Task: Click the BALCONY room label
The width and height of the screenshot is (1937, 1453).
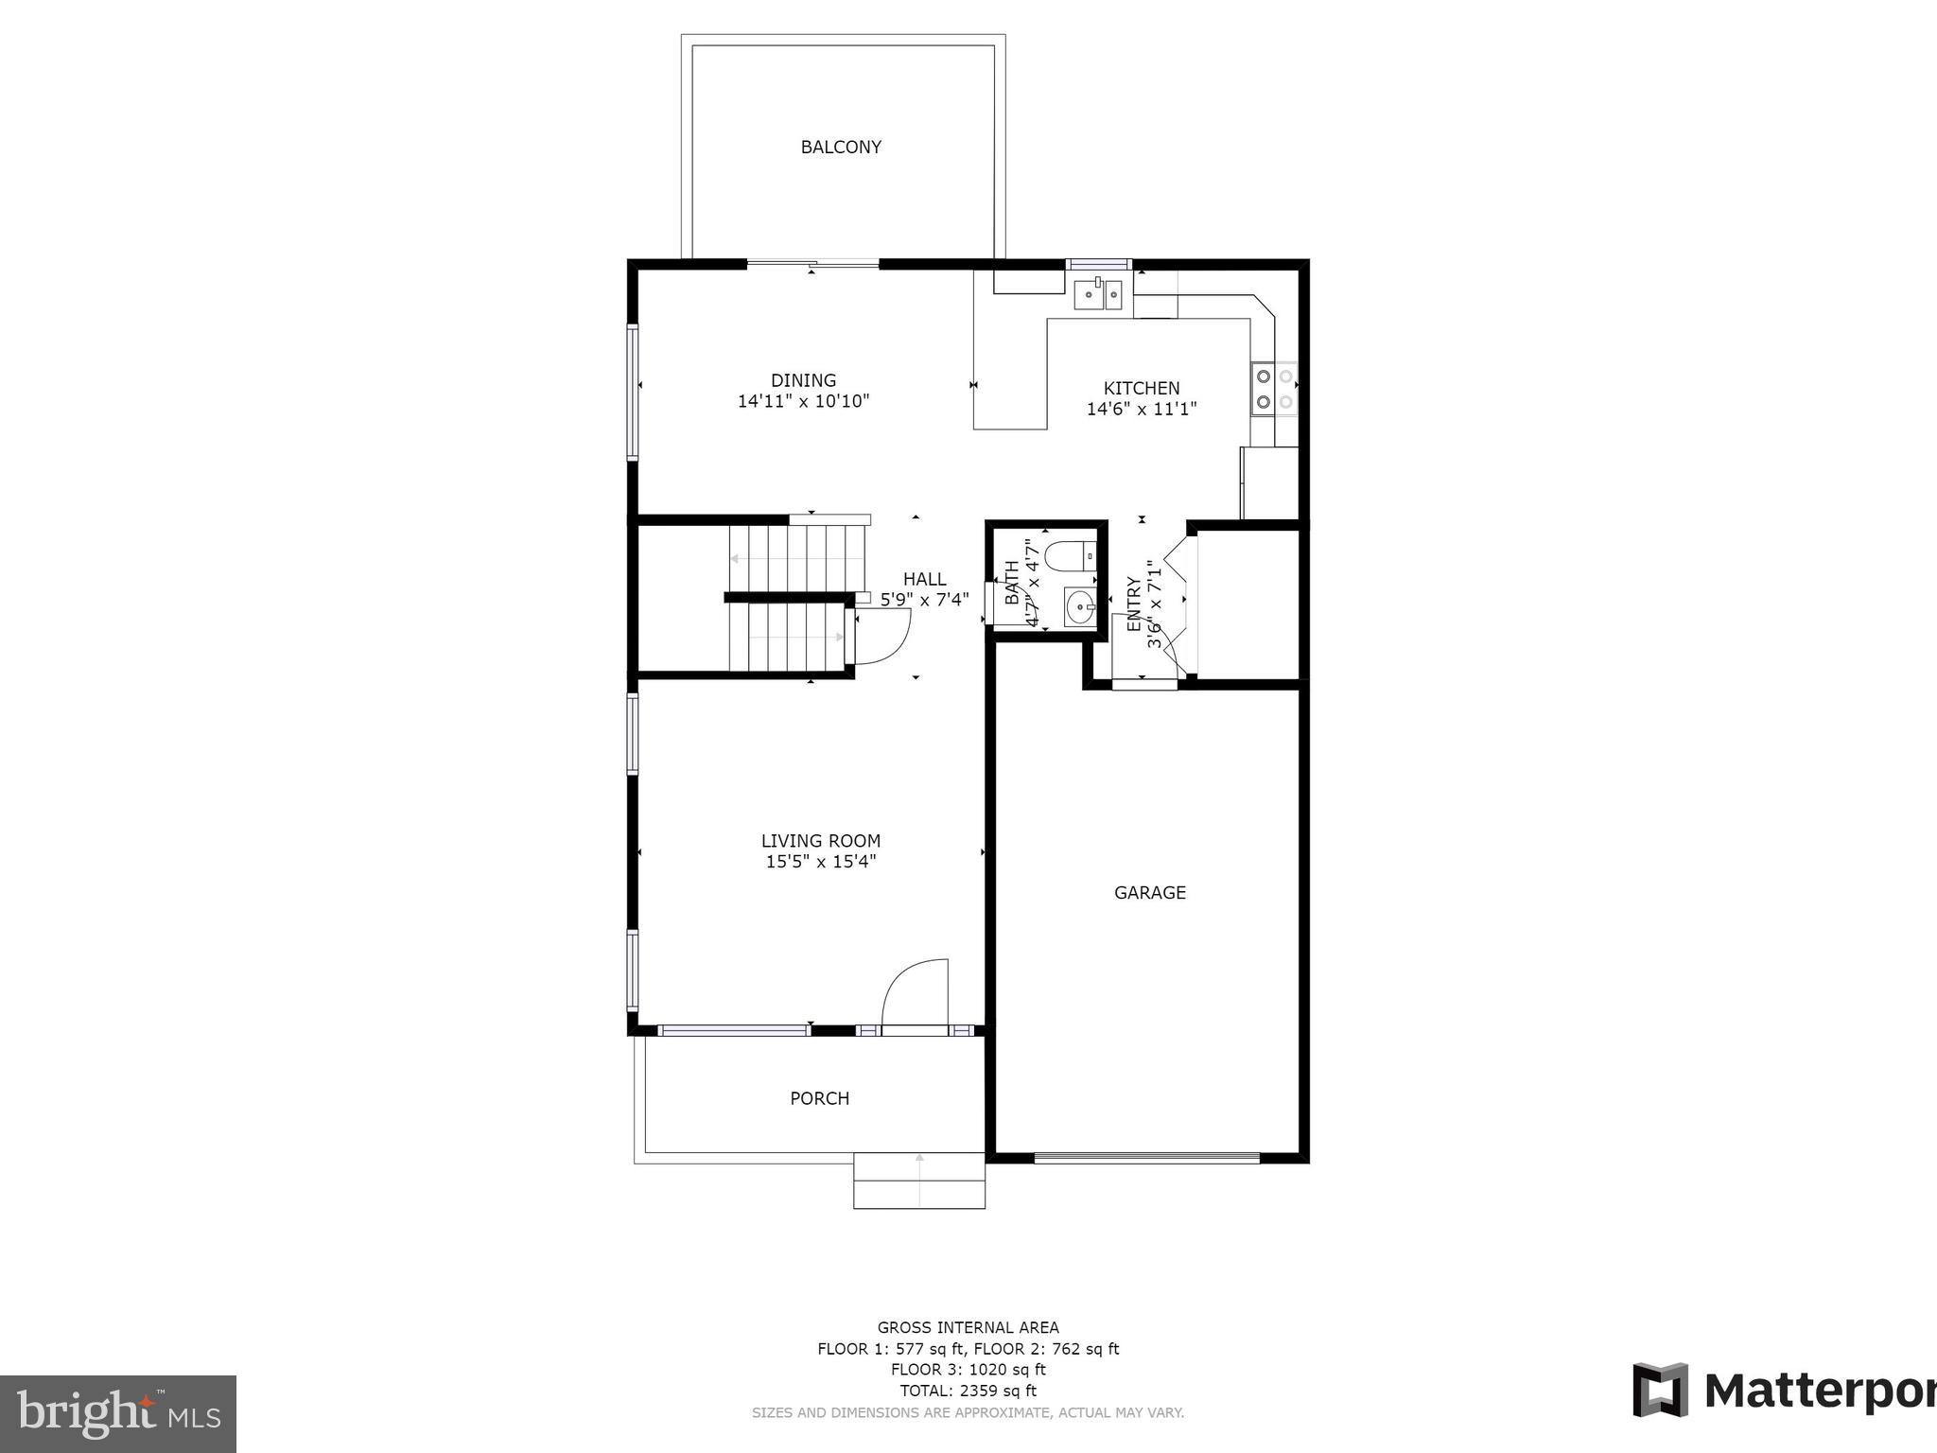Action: click(x=841, y=147)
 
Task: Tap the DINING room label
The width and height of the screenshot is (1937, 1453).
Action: click(x=803, y=380)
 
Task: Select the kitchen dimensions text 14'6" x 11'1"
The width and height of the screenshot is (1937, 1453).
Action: click(x=1142, y=409)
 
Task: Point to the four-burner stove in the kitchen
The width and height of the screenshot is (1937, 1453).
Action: click(x=1274, y=389)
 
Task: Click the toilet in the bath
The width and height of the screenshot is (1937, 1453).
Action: click(x=1071, y=555)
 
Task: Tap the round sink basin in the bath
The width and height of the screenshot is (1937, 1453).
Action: click(x=1078, y=605)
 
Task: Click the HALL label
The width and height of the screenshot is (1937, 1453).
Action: click(x=924, y=579)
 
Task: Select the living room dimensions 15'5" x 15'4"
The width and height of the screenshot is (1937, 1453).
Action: click(x=821, y=861)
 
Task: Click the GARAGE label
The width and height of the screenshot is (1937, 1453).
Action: click(x=1149, y=892)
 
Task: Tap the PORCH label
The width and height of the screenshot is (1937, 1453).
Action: click(x=819, y=1098)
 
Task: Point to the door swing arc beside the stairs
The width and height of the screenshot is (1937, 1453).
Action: click(x=883, y=636)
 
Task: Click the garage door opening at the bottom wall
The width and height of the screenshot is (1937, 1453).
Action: click(x=1146, y=1157)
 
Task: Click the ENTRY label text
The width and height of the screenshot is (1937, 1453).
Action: click(x=1133, y=604)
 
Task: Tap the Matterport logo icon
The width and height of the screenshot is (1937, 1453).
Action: click(x=1660, y=1391)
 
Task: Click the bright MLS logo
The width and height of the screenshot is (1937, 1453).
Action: click(x=118, y=1414)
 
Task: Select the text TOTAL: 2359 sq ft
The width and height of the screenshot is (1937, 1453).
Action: click(x=968, y=1391)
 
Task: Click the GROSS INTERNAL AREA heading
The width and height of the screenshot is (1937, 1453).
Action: click(x=968, y=1327)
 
